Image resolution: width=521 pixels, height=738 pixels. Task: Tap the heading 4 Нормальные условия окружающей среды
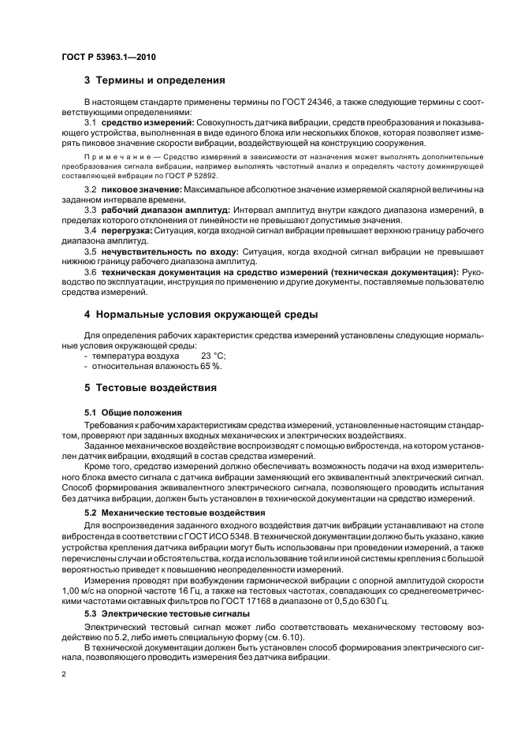pyautogui.click(x=200, y=315)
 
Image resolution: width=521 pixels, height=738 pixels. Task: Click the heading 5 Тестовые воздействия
pyautogui.click(x=150, y=388)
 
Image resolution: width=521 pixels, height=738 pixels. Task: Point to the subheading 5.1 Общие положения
pyautogui.click(x=132, y=412)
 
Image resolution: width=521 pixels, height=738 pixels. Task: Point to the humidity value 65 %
pyautogui.click(x=211, y=366)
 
